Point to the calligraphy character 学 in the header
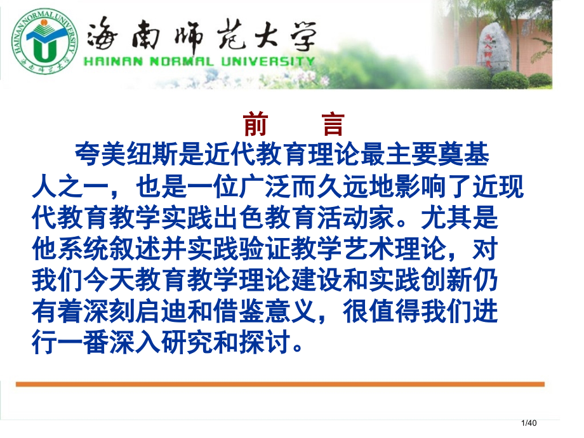tap(298, 34)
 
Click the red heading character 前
tap(255, 124)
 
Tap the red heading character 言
tap(332, 124)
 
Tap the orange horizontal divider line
tap(279, 384)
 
